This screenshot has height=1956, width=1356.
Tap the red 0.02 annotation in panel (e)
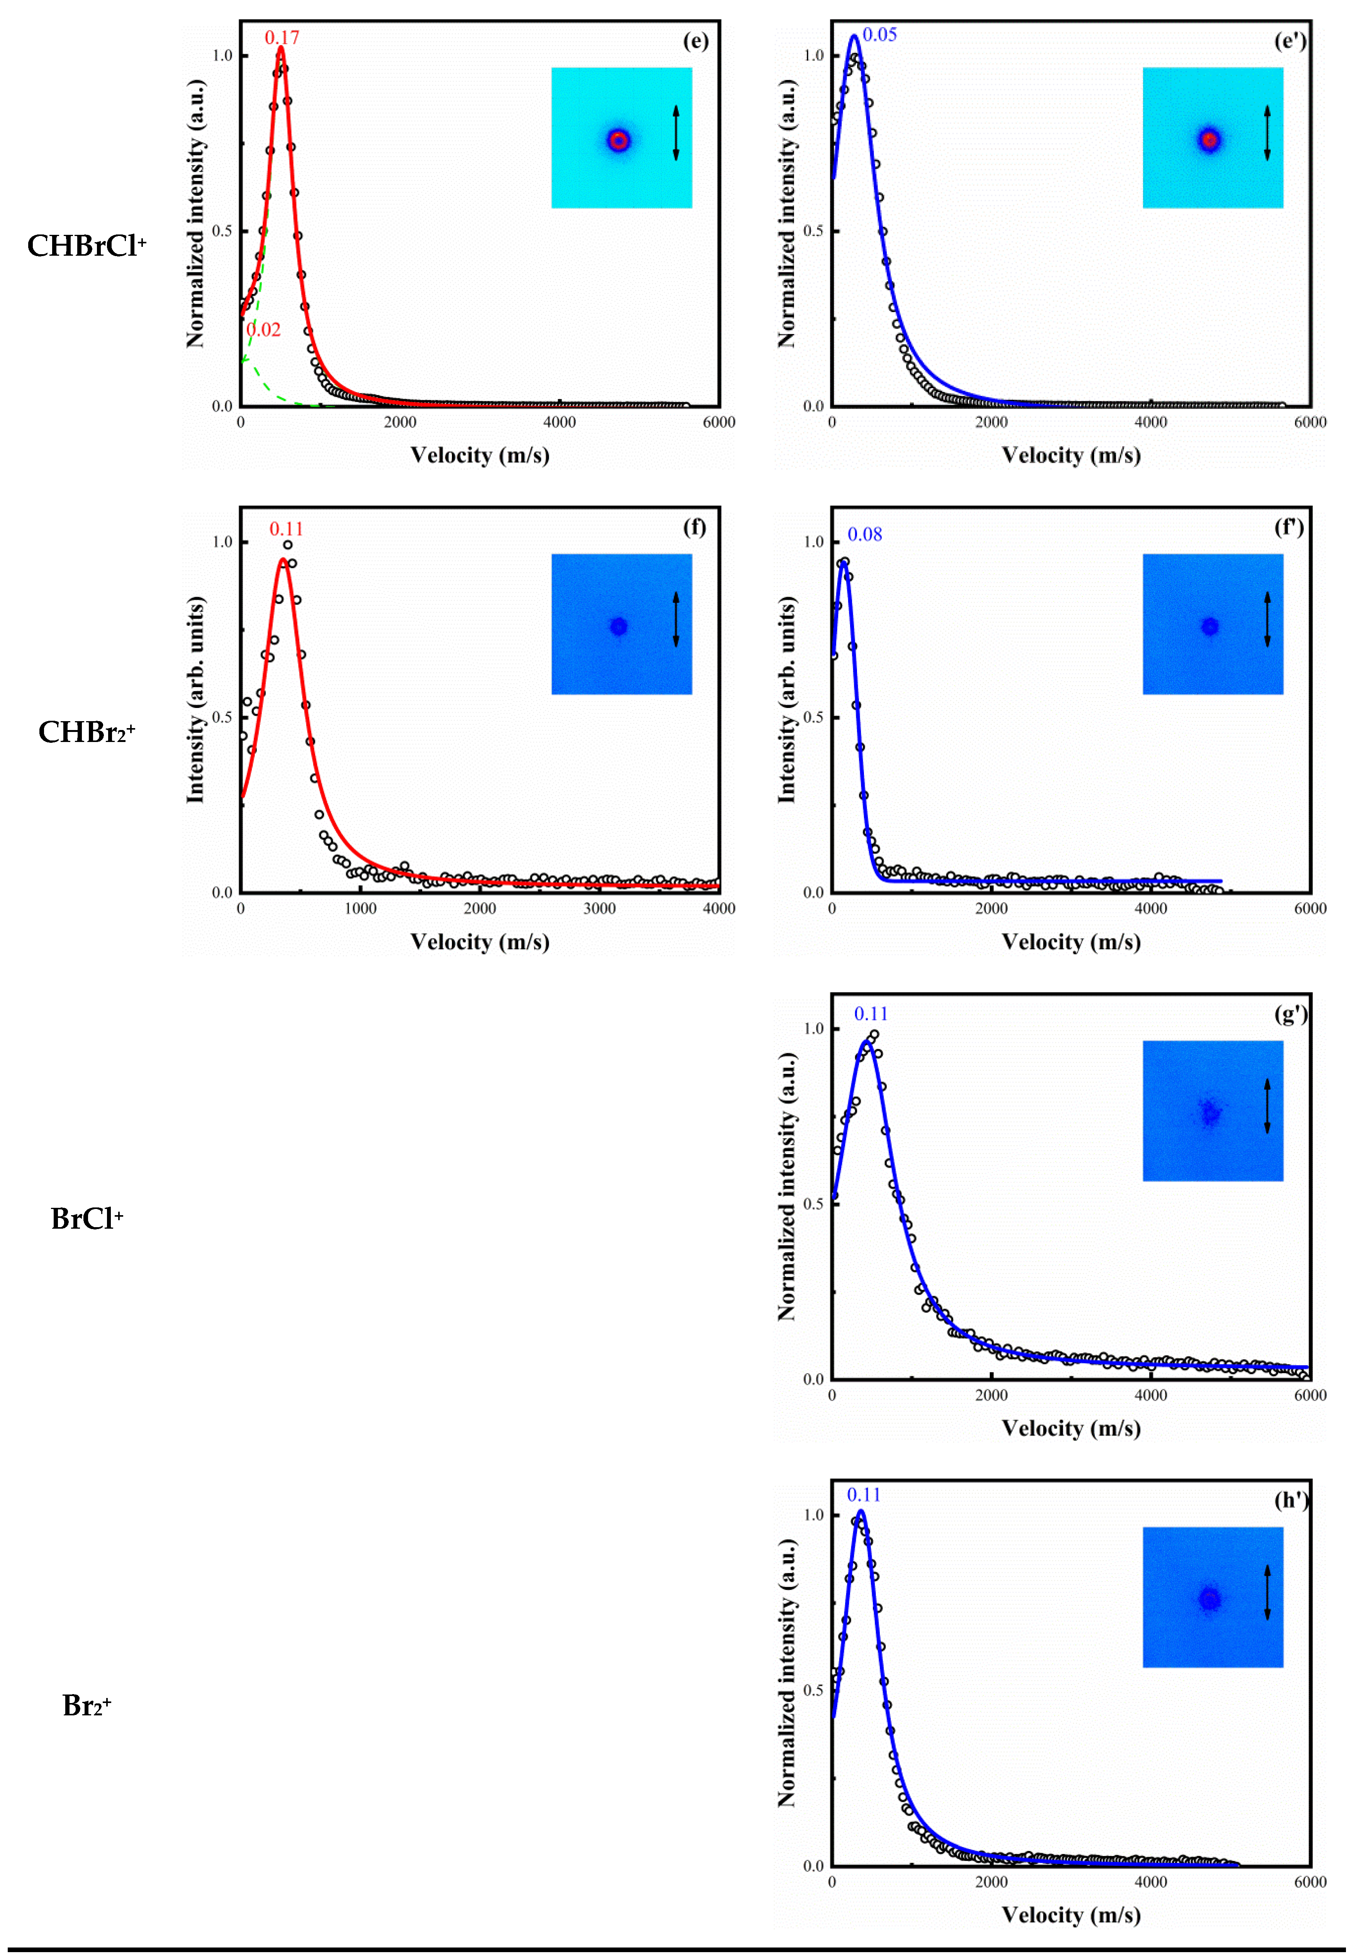(263, 330)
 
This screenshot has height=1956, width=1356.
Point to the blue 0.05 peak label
(879, 35)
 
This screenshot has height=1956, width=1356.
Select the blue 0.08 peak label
(865, 535)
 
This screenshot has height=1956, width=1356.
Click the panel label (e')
(1290, 41)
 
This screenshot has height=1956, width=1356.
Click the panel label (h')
(1290, 1501)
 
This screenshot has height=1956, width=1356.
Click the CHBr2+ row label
(87, 732)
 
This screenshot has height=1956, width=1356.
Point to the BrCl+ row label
(87, 1219)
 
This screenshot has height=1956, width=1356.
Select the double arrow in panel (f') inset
(1267, 620)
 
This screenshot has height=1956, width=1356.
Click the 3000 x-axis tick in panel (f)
(599, 908)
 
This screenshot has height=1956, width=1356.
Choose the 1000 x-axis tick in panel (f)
(360, 908)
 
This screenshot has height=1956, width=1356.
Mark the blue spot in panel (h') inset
(1209, 1599)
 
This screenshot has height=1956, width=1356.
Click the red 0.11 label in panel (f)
(286, 528)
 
